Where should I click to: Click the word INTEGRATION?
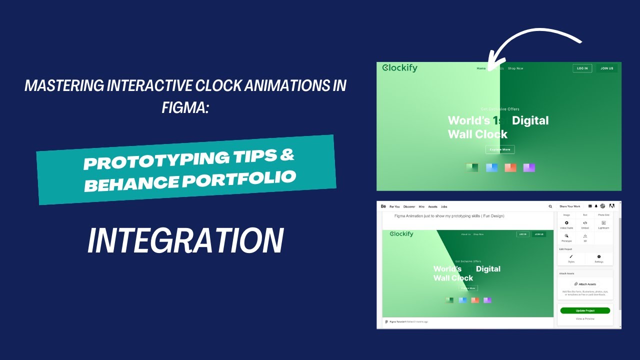coord(185,241)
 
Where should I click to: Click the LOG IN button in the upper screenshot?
coord(582,68)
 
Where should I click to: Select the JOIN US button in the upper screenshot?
coord(607,68)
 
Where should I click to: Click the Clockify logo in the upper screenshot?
coord(399,68)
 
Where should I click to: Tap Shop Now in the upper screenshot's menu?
coord(515,68)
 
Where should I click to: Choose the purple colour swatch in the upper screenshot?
coord(529,167)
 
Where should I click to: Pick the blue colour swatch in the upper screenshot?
coord(492,167)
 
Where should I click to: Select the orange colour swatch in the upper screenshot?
coord(510,167)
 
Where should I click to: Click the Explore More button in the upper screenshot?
coord(500,149)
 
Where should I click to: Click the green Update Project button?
coord(585,310)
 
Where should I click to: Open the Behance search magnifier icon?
coord(550,206)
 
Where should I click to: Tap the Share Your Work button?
coord(570,206)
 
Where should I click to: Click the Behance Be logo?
coord(383,206)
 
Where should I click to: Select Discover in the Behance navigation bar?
coord(409,206)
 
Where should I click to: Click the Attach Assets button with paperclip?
coord(585,284)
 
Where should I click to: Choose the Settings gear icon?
coord(599,256)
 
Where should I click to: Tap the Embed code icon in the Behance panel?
coord(585,223)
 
